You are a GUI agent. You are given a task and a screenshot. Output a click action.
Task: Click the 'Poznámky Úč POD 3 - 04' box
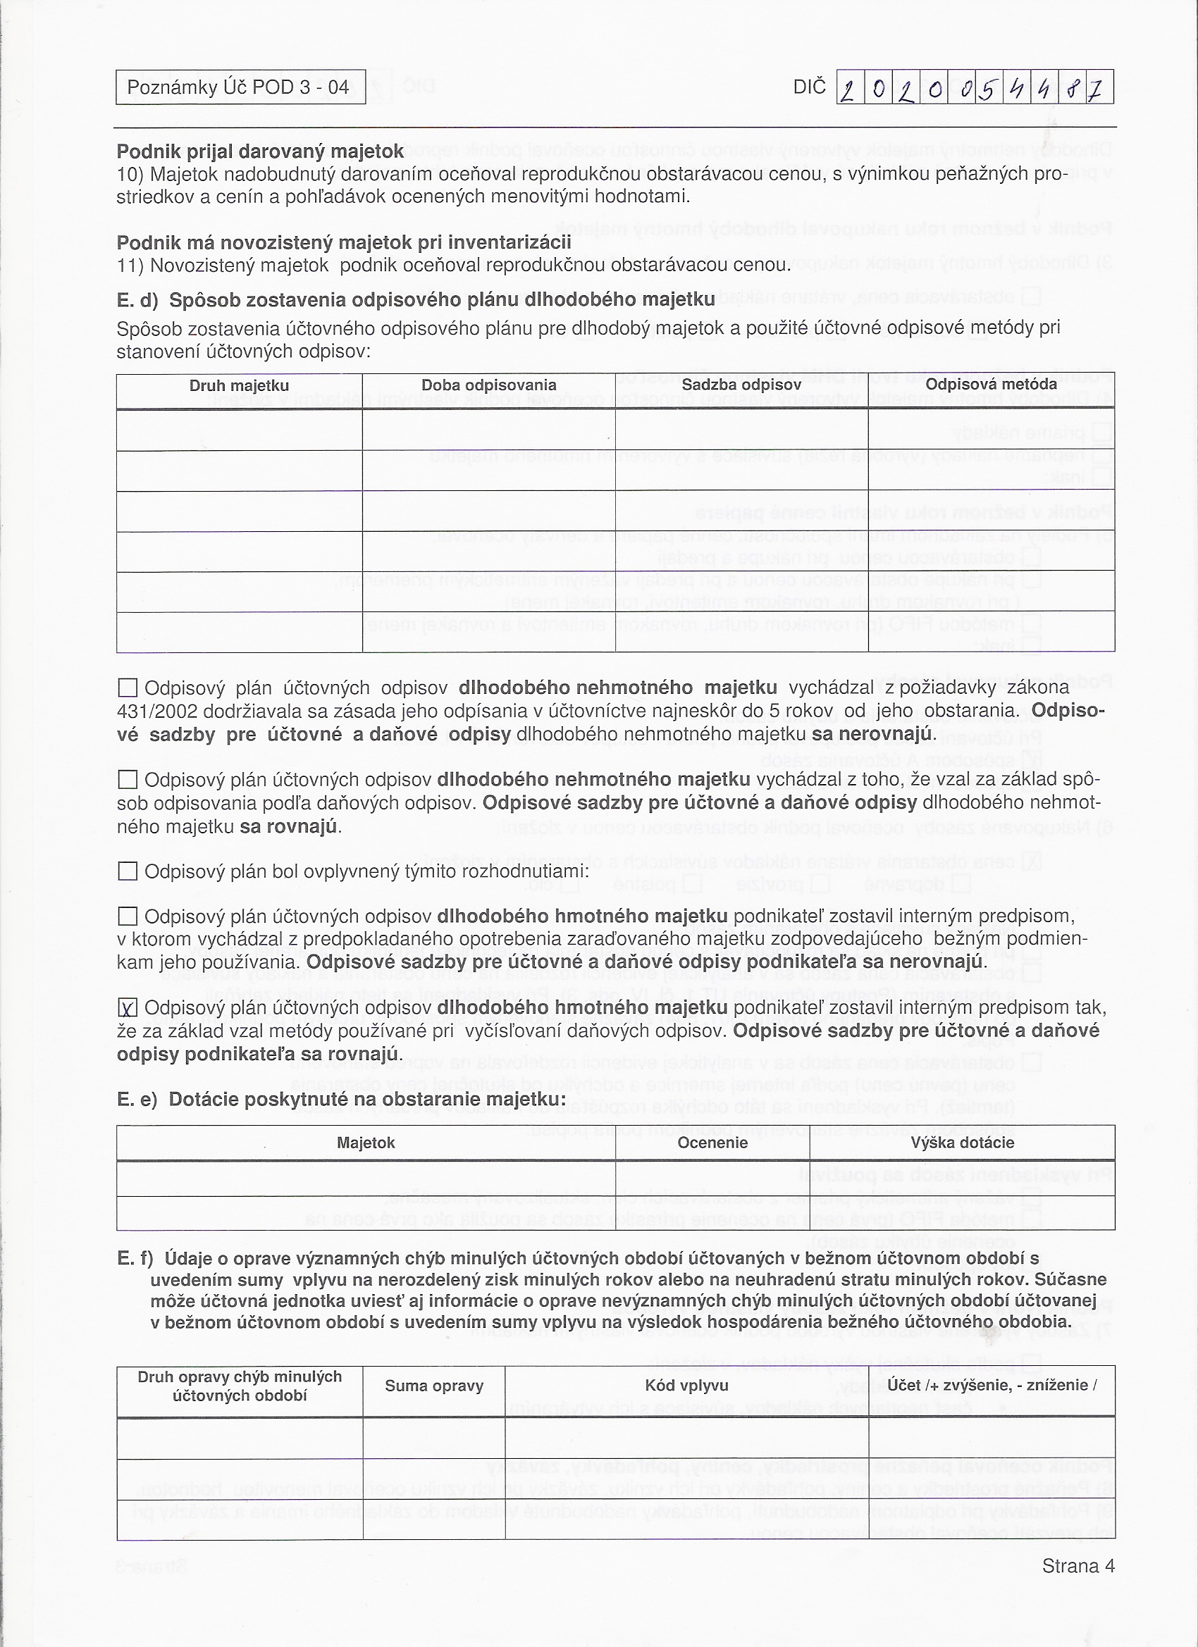click(240, 87)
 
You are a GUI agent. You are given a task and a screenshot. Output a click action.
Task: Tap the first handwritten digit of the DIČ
click(849, 89)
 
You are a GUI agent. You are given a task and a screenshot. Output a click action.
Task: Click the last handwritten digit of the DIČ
click(1099, 89)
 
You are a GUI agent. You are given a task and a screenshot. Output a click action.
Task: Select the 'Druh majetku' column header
click(239, 385)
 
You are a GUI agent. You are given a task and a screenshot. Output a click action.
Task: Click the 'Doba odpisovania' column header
click(488, 385)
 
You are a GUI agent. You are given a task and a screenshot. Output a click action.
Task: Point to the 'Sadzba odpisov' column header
click(741, 384)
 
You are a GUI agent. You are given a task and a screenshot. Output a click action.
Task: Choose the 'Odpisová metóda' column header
click(991, 383)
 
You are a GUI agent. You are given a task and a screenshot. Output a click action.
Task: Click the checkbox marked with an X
click(128, 1008)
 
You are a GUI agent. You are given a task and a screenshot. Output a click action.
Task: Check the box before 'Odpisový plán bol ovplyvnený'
click(128, 871)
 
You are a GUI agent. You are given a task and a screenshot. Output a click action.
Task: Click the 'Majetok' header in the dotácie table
click(366, 1143)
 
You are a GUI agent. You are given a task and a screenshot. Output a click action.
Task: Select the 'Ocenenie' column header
click(712, 1143)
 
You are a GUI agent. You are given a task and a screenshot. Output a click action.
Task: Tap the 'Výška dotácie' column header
click(962, 1143)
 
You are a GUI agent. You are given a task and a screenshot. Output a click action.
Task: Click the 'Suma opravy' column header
click(433, 1386)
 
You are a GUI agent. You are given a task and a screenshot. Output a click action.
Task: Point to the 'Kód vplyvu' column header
click(686, 1386)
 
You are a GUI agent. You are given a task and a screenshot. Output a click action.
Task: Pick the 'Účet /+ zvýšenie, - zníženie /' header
click(992, 1385)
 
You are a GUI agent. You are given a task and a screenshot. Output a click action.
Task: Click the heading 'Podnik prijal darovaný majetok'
click(260, 151)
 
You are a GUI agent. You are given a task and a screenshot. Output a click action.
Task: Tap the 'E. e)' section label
click(137, 1099)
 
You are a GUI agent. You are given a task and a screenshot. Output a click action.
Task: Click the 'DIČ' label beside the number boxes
click(809, 87)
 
